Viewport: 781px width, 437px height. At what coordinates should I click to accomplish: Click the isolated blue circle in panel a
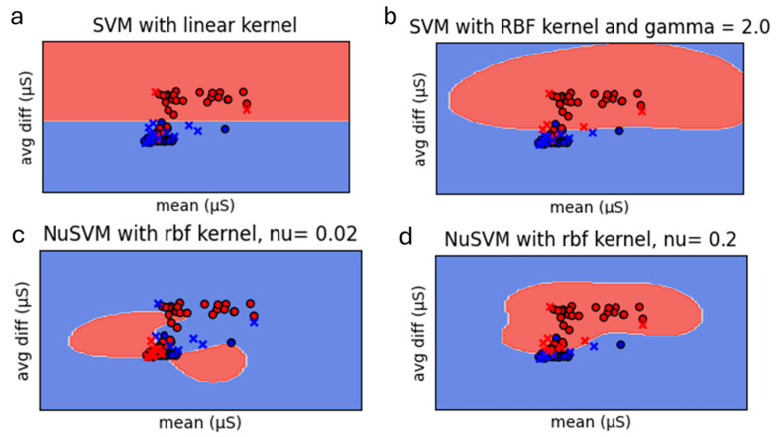click(226, 129)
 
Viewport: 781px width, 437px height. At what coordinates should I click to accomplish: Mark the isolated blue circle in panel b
click(619, 130)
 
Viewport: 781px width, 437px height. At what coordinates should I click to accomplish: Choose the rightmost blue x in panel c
click(254, 322)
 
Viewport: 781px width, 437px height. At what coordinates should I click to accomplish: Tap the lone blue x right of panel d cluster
click(593, 345)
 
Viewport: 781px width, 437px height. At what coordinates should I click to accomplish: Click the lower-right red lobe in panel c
click(213, 365)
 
